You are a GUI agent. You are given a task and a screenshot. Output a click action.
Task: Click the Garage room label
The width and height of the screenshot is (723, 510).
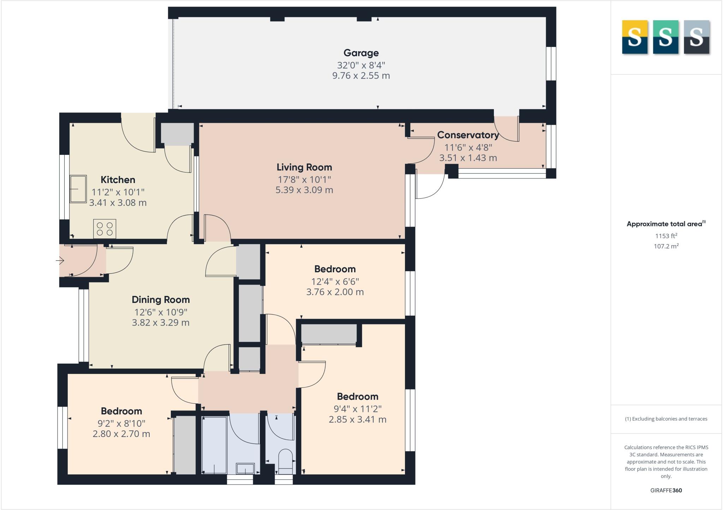click(x=361, y=53)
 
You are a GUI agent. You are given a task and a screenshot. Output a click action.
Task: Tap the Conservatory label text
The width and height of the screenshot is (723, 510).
click(x=468, y=135)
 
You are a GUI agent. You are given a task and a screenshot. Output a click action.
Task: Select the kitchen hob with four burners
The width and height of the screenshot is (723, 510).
click(x=105, y=229)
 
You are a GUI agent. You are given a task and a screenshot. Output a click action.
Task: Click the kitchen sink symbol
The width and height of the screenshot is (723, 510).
click(x=78, y=189)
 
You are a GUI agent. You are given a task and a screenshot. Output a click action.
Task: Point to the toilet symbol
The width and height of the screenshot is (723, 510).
click(x=286, y=461)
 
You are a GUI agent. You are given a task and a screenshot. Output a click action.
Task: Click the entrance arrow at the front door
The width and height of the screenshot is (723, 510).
click(x=60, y=261)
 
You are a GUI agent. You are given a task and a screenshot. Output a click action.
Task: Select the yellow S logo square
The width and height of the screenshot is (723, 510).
click(x=634, y=37)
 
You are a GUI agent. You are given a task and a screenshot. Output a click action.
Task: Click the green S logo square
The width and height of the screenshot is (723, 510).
click(x=665, y=37)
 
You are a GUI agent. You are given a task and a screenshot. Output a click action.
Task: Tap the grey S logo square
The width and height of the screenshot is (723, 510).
click(x=697, y=37)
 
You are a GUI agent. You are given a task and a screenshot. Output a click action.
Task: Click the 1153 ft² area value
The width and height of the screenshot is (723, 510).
click(x=666, y=236)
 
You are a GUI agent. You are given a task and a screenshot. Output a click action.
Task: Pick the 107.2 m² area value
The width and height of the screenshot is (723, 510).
click(x=666, y=246)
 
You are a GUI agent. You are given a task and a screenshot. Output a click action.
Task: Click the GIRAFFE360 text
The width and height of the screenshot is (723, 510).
click(x=666, y=490)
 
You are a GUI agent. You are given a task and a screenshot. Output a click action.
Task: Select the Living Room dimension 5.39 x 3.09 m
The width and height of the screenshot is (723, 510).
click(x=304, y=190)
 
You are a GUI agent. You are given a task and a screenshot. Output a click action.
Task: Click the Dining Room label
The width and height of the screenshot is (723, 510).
click(x=161, y=300)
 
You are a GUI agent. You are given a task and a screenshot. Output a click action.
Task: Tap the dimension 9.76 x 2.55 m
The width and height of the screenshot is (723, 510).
click(x=361, y=76)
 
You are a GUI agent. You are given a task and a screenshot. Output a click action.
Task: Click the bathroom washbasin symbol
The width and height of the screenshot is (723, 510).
click(x=245, y=468)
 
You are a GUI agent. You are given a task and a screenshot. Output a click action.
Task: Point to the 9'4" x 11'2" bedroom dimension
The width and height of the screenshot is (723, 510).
click(x=358, y=409)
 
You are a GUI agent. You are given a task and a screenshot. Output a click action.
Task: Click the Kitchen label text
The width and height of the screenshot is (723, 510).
click(x=118, y=180)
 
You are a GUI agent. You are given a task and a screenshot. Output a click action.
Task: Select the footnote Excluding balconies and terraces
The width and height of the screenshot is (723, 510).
click(x=666, y=419)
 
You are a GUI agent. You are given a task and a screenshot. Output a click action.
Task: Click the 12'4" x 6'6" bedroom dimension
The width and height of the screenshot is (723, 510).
click(x=335, y=281)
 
